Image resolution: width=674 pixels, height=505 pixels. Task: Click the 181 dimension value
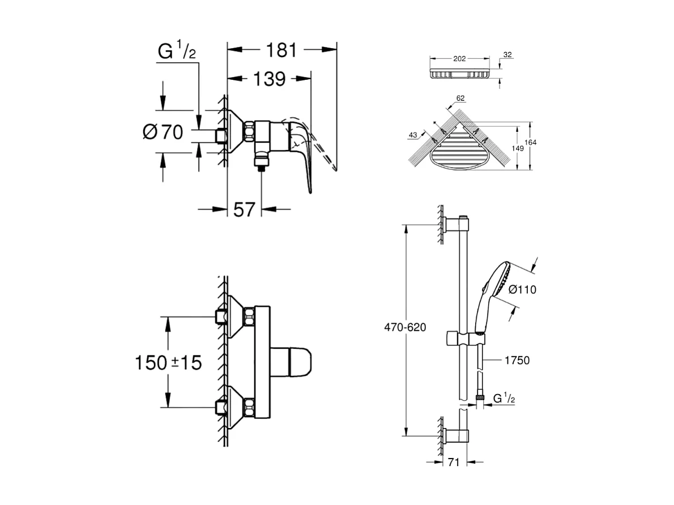(x=281, y=50)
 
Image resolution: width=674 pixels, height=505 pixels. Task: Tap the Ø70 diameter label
(x=163, y=133)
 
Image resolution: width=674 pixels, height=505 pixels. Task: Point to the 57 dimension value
(x=244, y=209)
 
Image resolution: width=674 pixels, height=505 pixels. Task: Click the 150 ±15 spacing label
(x=168, y=362)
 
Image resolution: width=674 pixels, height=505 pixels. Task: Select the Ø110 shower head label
(x=522, y=289)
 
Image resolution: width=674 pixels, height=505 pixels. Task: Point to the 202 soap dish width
(x=459, y=58)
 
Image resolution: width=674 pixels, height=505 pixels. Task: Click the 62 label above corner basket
(x=460, y=98)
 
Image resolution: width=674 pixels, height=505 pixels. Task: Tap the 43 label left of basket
(x=412, y=134)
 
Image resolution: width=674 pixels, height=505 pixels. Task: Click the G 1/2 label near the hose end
(x=504, y=399)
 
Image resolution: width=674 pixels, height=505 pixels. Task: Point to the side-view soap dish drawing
(x=459, y=74)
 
